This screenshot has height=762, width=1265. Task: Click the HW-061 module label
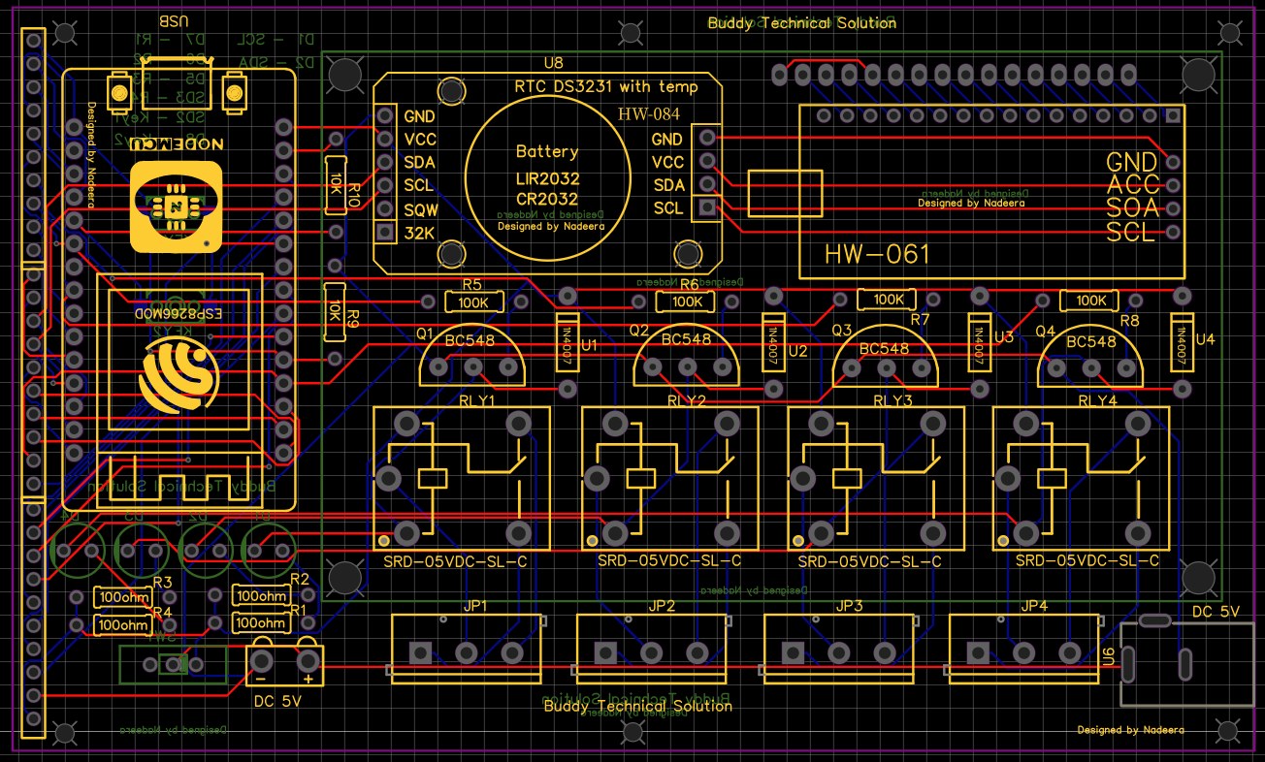pyautogui.click(x=877, y=255)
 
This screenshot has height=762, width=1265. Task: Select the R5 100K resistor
pyautogui.click(x=473, y=302)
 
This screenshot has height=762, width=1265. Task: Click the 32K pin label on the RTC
pyautogui.click(x=419, y=233)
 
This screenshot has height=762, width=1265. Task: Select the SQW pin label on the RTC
pyautogui.click(x=419, y=209)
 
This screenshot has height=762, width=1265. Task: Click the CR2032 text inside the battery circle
pyautogui.click(x=547, y=198)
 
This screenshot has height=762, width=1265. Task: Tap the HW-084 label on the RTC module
pyautogui.click(x=649, y=114)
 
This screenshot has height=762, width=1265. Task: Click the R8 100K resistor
pyautogui.click(x=1090, y=301)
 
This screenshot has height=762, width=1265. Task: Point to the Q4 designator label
pyautogui.click(x=1045, y=332)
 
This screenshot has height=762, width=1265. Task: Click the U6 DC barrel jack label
pyautogui.click(x=1109, y=657)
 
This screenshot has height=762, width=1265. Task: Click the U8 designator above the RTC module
pyautogui.click(x=553, y=63)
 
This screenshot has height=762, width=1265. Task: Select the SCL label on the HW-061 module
pyautogui.click(x=1130, y=232)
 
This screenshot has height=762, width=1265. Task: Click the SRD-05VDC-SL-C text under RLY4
pyautogui.click(x=1087, y=560)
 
